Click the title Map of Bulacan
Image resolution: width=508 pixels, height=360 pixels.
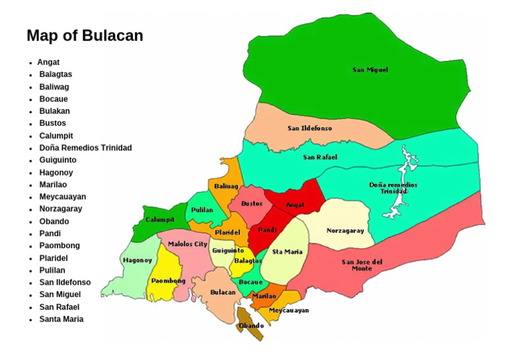[x=85, y=36]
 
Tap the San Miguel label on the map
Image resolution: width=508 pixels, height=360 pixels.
[x=370, y=69]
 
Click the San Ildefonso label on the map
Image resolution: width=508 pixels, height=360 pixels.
[x=310, y=128]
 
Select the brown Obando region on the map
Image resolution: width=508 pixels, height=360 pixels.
[x=252, y=325]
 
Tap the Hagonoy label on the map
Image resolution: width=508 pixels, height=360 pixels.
[x=138, y=260]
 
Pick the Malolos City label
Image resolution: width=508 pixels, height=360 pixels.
[x=187, y=244]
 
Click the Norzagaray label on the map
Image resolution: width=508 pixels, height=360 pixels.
[x=345, y=231]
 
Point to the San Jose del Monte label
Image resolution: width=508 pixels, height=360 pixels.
[x=362, y=265]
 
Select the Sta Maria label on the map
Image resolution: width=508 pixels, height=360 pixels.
[x=287, y=251]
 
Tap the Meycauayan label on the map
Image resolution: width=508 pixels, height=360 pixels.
[x=288, y=310]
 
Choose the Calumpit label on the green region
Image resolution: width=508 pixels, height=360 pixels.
[x=160, y=219]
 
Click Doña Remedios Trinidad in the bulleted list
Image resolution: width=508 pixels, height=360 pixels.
[x=85, y=148]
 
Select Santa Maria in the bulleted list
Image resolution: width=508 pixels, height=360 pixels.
[x=61, y=319]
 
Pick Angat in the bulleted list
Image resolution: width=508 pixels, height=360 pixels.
[x=48, y=62]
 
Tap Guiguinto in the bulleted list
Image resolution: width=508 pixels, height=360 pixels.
[x=58, y=160]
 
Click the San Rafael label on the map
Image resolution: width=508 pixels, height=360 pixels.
[x=320, y=157]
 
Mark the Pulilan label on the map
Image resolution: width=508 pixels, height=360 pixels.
[x=202, y=210]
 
